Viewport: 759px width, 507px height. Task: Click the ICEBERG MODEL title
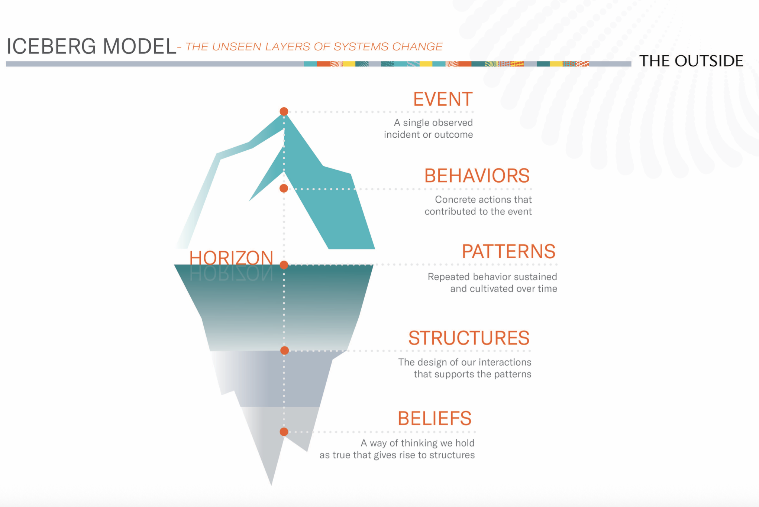coord(91,46)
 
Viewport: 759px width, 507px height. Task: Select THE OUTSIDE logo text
coord(691,61)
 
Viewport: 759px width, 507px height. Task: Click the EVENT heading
coord(443,99)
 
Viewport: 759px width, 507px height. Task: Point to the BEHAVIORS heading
coord(477,176)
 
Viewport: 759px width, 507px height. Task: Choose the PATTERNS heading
coord(508,252)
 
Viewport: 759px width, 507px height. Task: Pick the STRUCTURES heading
coord(469,338)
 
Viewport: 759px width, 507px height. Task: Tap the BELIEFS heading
coord(435,419)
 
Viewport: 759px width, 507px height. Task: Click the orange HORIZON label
coord(231,258)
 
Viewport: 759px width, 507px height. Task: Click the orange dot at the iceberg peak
coord(284,111)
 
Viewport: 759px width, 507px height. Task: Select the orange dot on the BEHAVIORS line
coord(284,189)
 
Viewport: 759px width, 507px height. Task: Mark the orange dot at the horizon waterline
coord(284,265)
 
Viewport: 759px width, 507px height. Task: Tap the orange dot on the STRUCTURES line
coord(285,350)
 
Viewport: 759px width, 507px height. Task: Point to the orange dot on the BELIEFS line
coord(284,432)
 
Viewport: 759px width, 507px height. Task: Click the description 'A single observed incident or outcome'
coord(429,128)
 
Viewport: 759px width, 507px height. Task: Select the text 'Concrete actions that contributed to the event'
coord(478,205)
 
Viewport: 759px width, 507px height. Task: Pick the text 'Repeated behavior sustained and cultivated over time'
coord(492,282)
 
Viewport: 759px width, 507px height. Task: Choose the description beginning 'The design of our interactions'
coord(465,368)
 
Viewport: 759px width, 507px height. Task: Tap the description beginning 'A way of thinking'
coord(397,449)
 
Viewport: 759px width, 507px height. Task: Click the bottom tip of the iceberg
coord(271,483)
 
